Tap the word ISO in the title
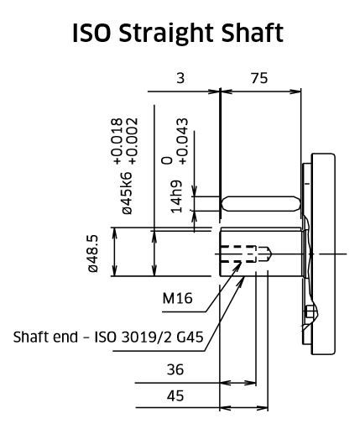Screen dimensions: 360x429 (x=91, y=33)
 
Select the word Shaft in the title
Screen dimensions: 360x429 (x=253, y=33)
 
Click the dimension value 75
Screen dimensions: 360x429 (x=259, y=78)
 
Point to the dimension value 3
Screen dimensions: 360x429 (x=180, y=78)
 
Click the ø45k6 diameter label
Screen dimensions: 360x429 (x=127, y=193)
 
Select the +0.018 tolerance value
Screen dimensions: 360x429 (x=117, y=141)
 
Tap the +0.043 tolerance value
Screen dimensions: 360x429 (x=182, y=141)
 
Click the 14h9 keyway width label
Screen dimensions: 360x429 (x=176, y=196)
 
